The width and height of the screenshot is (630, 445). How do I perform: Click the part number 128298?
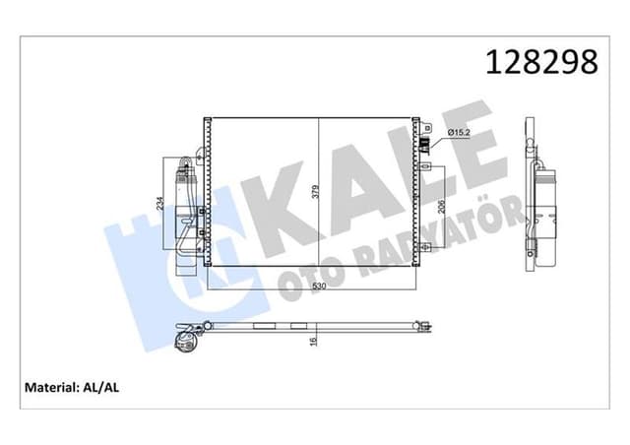click(540, 62)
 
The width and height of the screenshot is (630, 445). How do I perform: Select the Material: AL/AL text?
click(73, 388)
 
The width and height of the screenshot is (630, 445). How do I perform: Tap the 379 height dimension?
click(316, 193)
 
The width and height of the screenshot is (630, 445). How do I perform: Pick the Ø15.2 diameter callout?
click(462, 132)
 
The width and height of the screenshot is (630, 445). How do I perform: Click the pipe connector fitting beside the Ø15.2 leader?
click(425, 147)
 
